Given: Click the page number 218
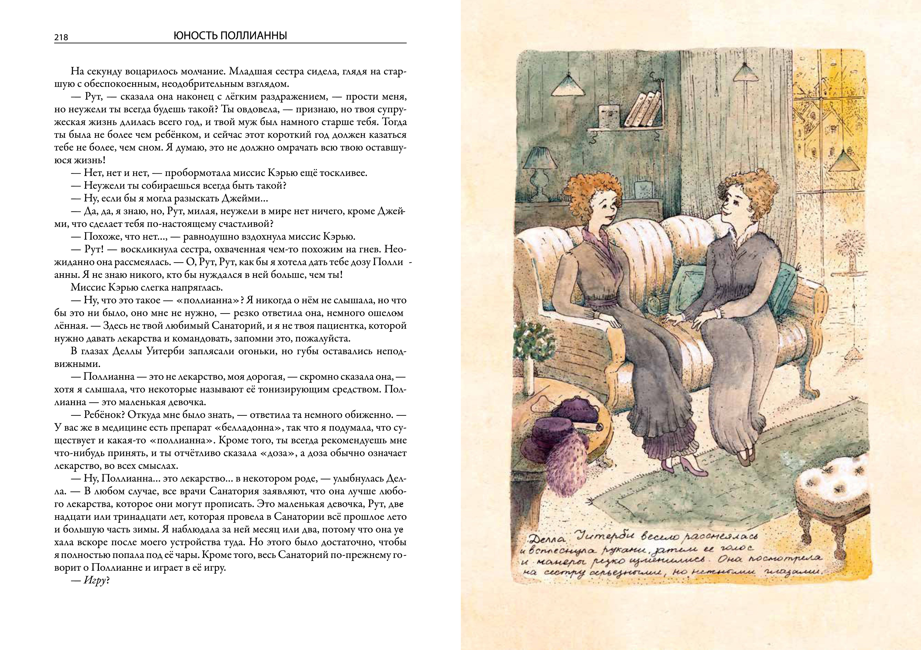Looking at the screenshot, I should tap(61, 37).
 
